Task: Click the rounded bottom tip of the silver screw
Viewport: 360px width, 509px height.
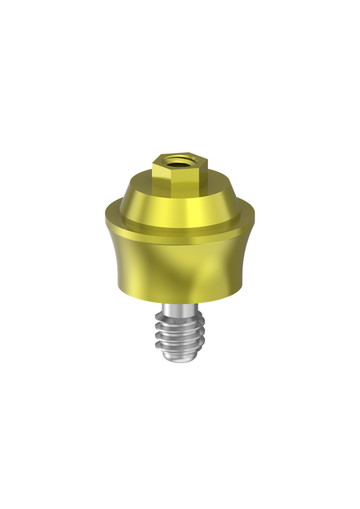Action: click(181, 360)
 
